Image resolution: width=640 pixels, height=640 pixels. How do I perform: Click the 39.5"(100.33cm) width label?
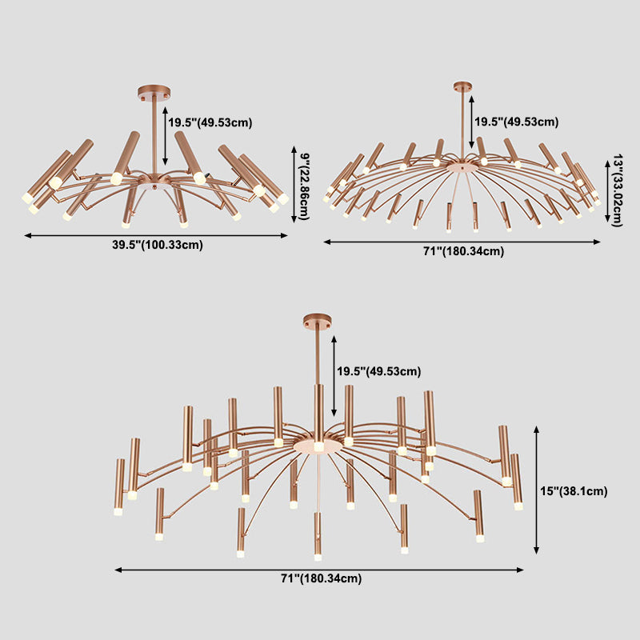click(x=157, y=245)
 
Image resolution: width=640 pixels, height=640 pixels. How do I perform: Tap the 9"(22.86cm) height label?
click(x=305, y=186)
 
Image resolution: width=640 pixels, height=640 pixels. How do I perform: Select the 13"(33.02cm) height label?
click(x=617, y=190)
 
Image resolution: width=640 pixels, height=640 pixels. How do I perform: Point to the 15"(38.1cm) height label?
click(x=574, y=491)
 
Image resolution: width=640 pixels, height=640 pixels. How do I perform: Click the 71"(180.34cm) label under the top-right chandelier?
click(x=463, y=251)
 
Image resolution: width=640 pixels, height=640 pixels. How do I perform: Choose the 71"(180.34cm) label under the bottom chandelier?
click(x=322, y=578)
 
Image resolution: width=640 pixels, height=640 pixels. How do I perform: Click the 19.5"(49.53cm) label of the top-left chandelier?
click(x=210, y=122)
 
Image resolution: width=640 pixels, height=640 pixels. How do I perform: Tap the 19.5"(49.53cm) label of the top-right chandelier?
click(x=516, y=122)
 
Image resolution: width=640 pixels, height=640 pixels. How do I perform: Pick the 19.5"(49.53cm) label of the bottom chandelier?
click(x=378, y=371)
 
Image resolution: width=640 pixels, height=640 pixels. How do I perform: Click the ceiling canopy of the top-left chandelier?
click(x=154, y=91)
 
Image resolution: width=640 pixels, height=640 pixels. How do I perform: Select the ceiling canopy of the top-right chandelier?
click(x=462, y=86)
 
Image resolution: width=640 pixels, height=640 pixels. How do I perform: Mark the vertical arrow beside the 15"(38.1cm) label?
click(x=536, y=490)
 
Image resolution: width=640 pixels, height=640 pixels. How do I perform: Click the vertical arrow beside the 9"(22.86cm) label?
click(x=294, y=185)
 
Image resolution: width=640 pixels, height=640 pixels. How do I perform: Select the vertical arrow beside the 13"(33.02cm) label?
click(x=607, y=191)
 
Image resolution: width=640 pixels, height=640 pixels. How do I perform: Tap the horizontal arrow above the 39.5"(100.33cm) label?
click(x=156, y=235)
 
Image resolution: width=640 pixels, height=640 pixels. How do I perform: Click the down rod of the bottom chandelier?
click(x=317, y=355)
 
